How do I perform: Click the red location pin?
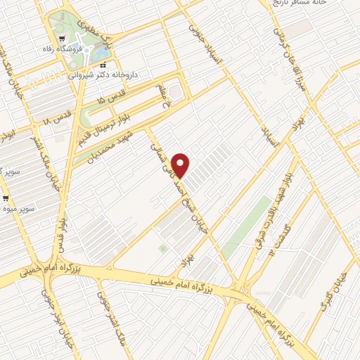point(181,165)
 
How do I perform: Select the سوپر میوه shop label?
point(17,210)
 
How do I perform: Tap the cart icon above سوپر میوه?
point(6,198)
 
